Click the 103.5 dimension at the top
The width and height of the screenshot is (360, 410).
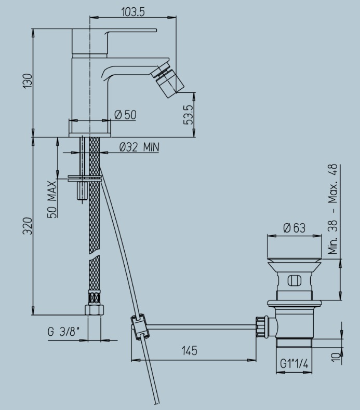(133, 12)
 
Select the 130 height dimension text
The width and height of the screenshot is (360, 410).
(28, 81)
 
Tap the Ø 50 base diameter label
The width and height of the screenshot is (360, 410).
(126, 115)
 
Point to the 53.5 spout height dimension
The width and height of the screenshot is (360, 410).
(188, 115)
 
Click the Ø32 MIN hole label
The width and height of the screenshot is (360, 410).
(139, 147)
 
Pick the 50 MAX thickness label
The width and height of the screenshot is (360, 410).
(52, 199)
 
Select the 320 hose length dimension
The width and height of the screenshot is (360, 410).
(28, 226)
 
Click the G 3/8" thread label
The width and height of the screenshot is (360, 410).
(63, 332)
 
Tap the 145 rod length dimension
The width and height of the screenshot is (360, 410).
(190, 351)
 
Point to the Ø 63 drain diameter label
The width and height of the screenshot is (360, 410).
(294, 228)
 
